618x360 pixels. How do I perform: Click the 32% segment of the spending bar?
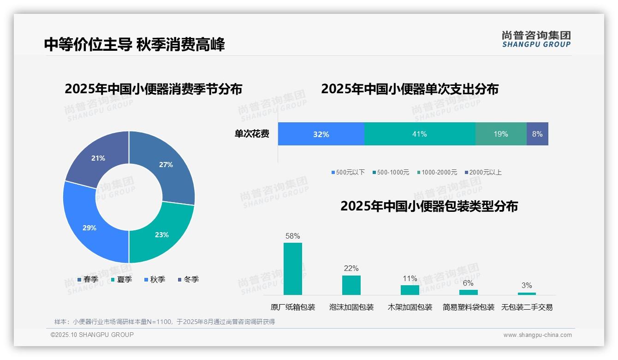tap(321, 134)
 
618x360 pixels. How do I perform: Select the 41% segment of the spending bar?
tap(420, 134)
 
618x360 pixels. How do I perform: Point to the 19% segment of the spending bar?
tap(501, 134)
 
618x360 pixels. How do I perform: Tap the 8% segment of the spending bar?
tap(537, 134)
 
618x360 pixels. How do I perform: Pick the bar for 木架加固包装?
tap(410, 290)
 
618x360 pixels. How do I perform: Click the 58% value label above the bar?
tap(293, 236)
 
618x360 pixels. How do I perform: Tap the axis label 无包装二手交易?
tap(527, 307)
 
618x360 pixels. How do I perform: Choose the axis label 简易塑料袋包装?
tap(468, 307)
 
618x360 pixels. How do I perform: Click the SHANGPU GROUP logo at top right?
tap(536, 39)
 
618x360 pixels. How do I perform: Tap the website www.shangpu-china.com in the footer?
tap(537, 335)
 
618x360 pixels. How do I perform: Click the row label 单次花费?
tap(252, 134)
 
